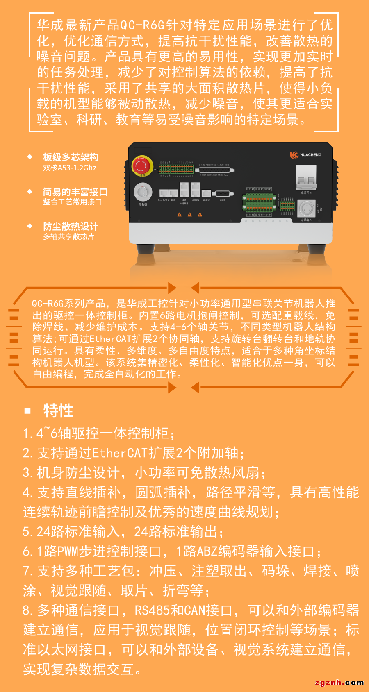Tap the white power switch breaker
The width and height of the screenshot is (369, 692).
[x=306, y=177]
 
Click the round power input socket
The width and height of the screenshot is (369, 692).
[x=306, y=209]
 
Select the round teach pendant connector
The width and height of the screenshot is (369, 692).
[x=143, y=192]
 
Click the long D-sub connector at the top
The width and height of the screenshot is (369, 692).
[x=216, y=170]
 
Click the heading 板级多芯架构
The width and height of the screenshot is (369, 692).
[x=71, y=157]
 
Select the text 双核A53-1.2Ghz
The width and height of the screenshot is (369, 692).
[x=70, y=168]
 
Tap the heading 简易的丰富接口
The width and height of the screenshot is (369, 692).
[x=75, y=192]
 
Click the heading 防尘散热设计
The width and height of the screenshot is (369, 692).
[x=71, y=227]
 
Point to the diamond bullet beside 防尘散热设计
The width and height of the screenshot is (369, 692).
[x=30, y=226]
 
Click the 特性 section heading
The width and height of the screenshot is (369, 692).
[x=58, y=411]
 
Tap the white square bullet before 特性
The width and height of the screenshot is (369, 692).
[x=28, y=411]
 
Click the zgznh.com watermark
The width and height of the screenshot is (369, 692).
[x=339, y=683]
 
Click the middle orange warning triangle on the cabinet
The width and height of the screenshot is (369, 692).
[x=189, y=215]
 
